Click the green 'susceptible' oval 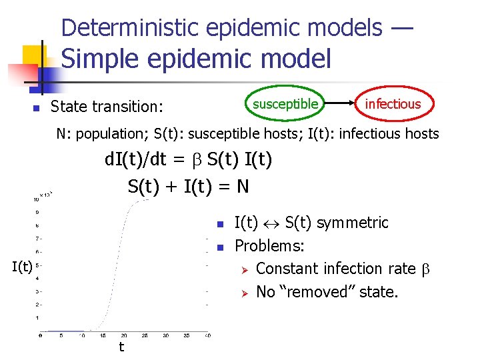(285, 103)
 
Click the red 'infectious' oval (393, 103)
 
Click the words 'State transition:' (108, 107)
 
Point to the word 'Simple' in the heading (101, 59)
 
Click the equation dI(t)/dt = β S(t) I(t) (189, 160)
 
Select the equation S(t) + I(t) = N (189, 186)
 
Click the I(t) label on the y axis (22, 267)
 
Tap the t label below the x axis (121, 347)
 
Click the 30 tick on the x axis (167, 336)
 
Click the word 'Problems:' (270, 246)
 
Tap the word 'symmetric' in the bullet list (355, 223)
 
